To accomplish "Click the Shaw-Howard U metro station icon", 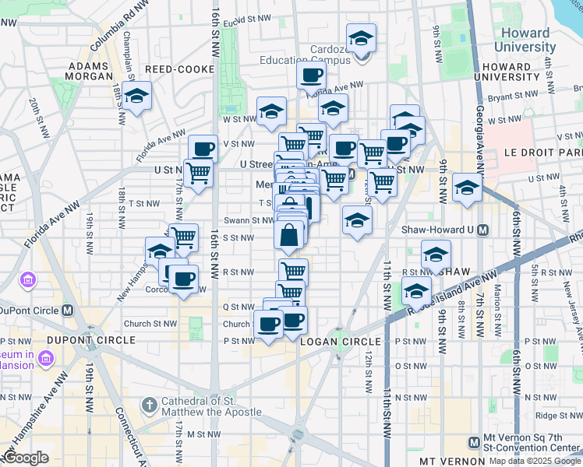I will coord(483,230).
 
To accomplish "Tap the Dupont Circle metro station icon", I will coord(68,310).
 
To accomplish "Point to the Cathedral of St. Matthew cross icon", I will coord(149,404).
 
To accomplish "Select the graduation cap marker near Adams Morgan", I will coord(137,97).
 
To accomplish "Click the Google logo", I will coord(25,458).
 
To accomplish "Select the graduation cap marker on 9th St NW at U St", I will coord(467,188).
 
